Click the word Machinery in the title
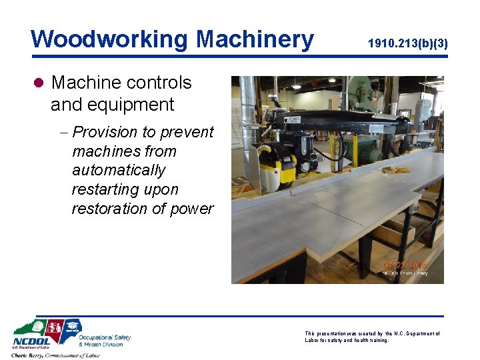(255, 39)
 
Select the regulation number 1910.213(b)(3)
(407, 44)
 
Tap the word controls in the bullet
(158, 83)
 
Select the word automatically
(119, 170)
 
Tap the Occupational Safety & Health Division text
(105, 341)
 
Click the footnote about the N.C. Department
(372, 336)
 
